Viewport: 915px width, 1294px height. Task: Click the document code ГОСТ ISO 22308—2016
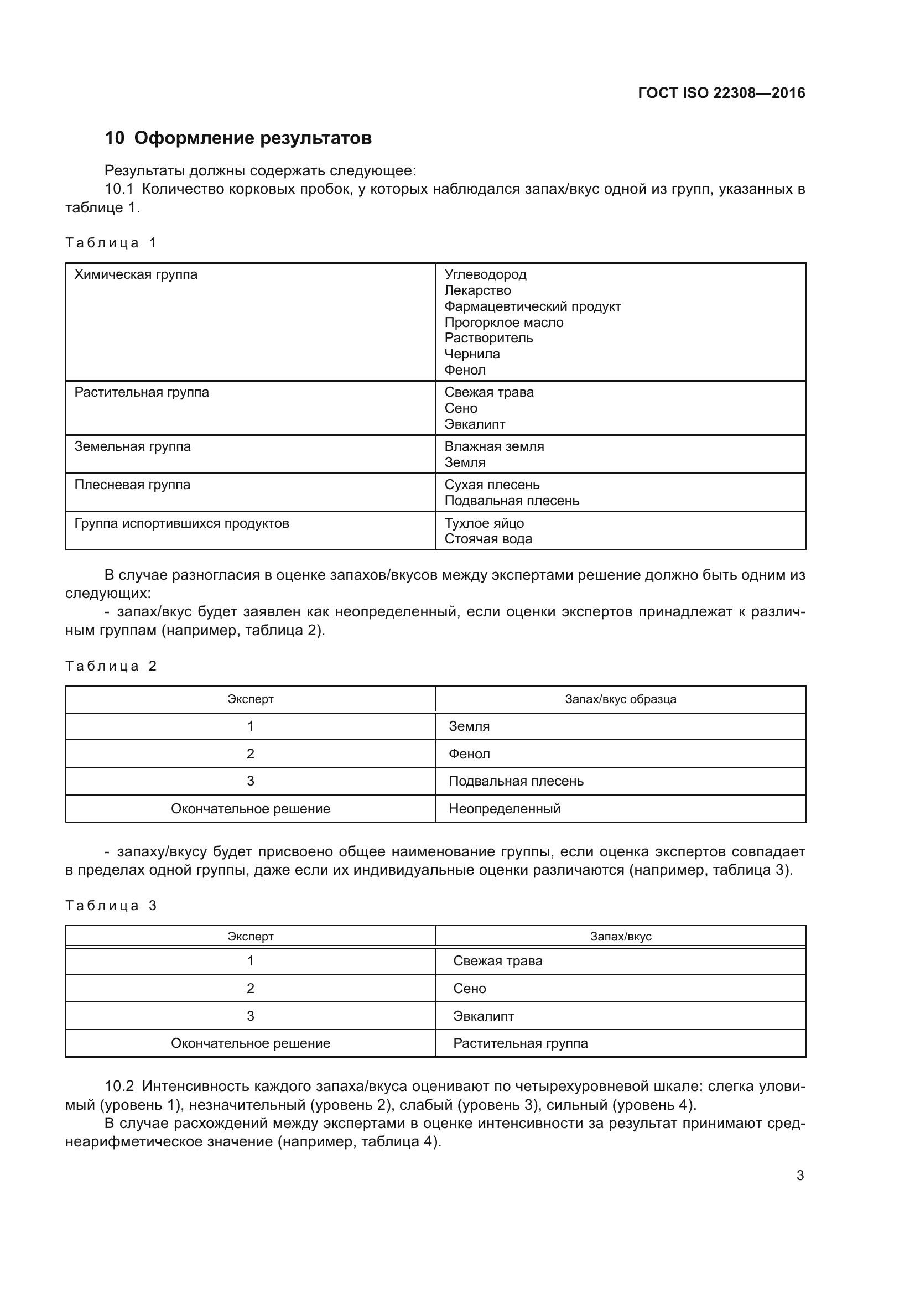click(721, 93)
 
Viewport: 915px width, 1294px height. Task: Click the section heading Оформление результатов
click(253, 138)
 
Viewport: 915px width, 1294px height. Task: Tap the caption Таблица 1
click(111, 243)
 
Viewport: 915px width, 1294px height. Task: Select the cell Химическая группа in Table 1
click(136, 274)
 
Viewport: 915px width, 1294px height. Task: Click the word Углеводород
click(485, 274)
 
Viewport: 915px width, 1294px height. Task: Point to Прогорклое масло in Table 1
click(504, 323)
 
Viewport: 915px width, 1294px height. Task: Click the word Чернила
click(472, 354)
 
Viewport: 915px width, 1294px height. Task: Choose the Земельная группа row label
click(132, 446)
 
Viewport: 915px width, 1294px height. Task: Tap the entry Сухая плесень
click(492, 485)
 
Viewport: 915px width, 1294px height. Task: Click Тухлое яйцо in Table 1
click(484, 523)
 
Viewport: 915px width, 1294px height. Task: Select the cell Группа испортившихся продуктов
click(181, 523)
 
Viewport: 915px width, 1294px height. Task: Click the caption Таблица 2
click(111, 666)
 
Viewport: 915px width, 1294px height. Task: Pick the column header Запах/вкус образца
click(620, 699)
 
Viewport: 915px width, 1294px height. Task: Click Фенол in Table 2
click(469, 754)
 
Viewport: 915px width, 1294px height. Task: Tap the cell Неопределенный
click(505, 809)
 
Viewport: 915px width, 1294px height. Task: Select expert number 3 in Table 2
click(250, 781)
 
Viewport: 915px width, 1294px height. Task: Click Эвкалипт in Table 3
click(484, 1016)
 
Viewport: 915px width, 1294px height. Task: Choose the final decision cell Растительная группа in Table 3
click(520, 1043)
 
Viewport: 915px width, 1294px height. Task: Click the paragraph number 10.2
click(119, 1086)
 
